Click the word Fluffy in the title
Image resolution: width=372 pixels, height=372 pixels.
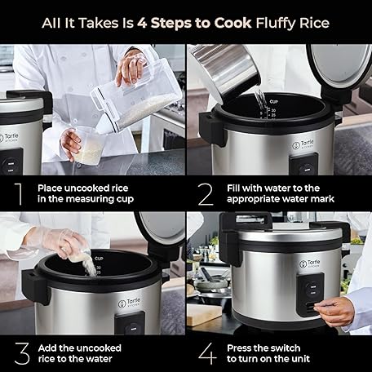276,23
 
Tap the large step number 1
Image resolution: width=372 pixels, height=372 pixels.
19,194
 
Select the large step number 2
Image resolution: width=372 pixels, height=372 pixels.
206,194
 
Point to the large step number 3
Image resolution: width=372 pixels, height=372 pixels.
22,353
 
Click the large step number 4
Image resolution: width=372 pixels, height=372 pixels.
207,353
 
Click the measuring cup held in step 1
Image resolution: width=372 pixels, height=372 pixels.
89,144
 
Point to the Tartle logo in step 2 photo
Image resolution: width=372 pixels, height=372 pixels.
303,144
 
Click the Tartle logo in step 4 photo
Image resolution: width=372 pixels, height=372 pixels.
310,263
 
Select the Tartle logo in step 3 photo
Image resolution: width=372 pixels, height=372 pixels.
130,303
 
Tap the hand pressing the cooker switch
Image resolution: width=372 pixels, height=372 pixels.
334,311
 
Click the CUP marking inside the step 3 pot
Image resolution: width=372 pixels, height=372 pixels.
99,258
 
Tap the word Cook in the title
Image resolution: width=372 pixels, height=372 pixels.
232,23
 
